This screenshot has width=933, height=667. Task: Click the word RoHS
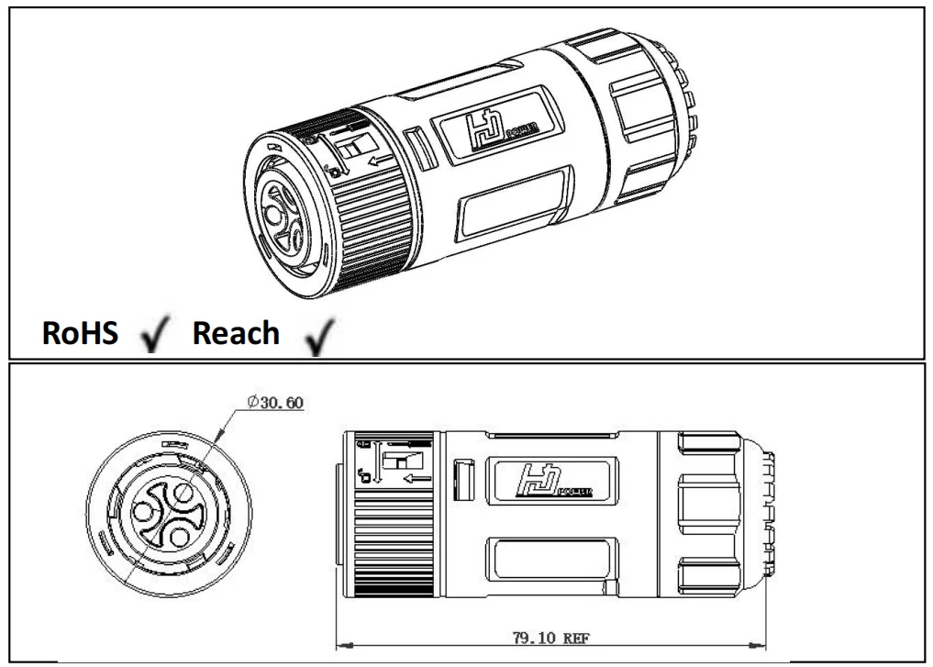point(81,333)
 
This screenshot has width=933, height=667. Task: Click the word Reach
point(236,333)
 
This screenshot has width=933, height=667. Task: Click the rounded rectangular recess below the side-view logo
point(550,561)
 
